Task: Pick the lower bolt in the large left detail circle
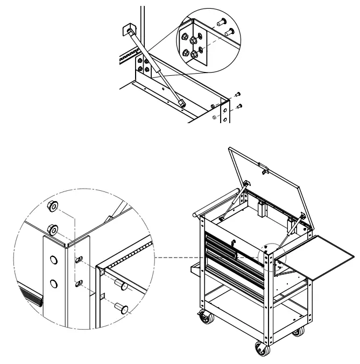click(122, 309)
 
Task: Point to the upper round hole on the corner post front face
click(53, 261)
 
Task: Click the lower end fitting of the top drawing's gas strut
click(182, 101)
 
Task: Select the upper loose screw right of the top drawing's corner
click(237, 95)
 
